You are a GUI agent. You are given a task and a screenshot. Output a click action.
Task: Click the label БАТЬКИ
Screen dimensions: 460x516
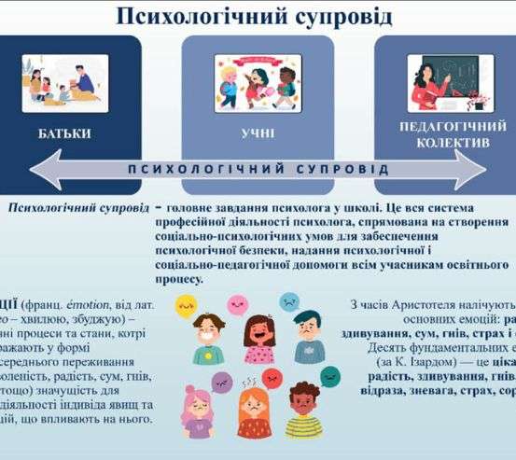pos(65,133)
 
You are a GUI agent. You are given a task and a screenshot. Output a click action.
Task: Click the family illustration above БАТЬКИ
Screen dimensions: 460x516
pos(65,82)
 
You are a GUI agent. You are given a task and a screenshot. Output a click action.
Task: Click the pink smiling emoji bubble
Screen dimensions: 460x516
pos(236,305)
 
